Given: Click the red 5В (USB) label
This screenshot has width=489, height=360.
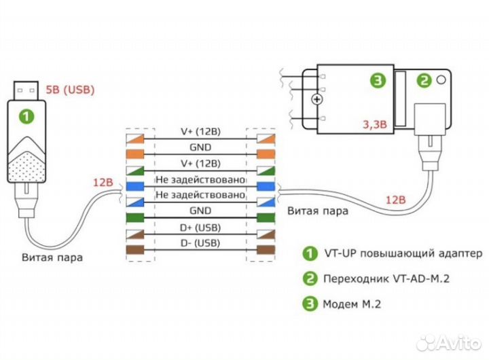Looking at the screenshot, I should [x=69, y=89].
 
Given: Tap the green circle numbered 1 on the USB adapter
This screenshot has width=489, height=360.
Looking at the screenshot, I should [x=26, y=116].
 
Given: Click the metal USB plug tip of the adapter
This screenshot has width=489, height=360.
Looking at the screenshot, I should [x=26, y=86].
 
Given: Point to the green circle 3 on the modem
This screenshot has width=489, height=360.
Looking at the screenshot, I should [x=377, y=80].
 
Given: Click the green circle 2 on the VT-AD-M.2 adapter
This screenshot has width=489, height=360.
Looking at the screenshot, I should [x=424, y=80].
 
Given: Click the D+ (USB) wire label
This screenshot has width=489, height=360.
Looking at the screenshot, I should [x=200, y=228].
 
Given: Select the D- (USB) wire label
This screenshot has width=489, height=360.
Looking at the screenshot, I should [x=200, y=243].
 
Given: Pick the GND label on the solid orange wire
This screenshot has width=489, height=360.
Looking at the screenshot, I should [x=200, y=147].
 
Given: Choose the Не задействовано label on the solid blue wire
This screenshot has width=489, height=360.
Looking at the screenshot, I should [x=200, y=179].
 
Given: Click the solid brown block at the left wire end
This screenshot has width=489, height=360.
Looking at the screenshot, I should [x=136, y=250].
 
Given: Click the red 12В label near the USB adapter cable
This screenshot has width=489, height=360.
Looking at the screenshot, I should [x=105, y=183].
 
